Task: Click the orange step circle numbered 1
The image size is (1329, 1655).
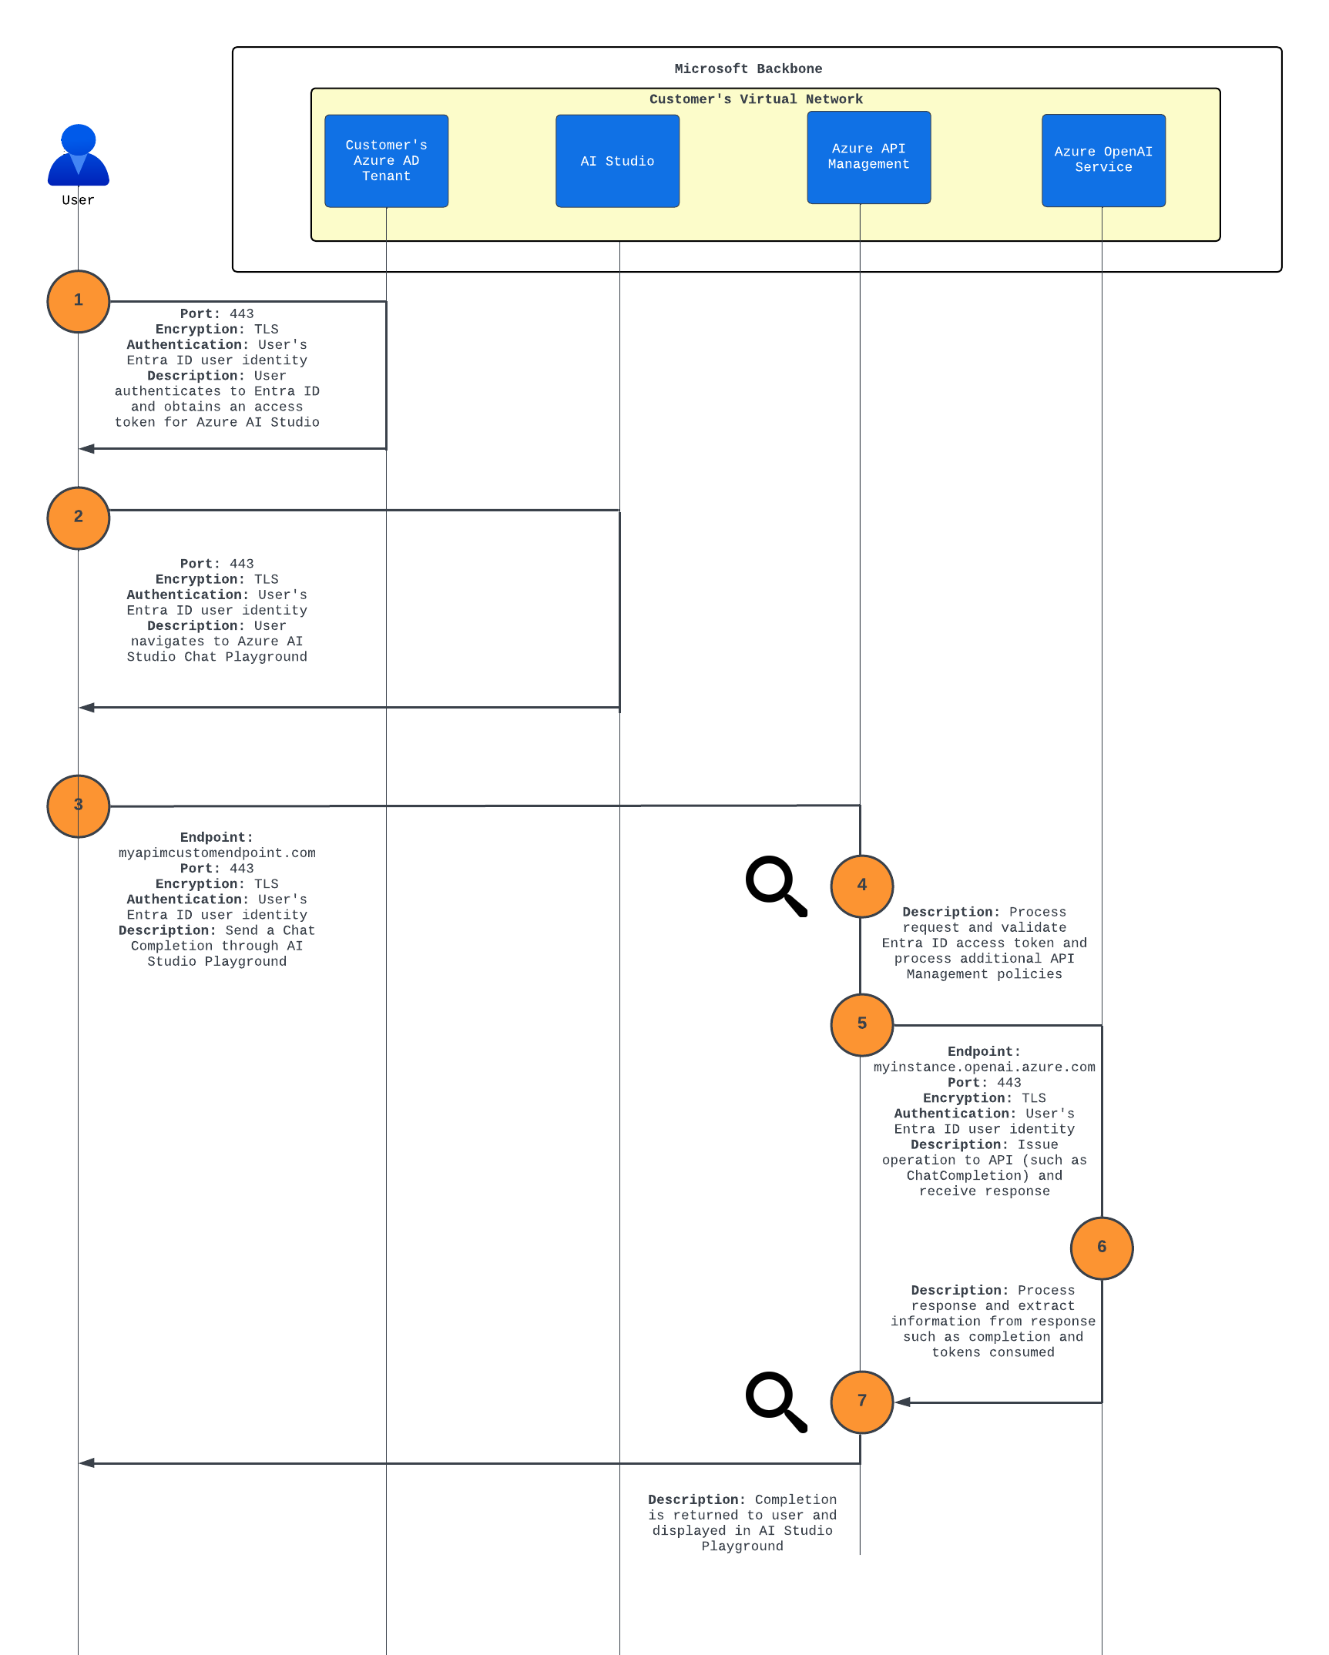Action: click(78, 301)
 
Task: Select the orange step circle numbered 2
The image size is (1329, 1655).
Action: click(78, 518)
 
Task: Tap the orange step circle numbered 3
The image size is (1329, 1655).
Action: click(78, 806)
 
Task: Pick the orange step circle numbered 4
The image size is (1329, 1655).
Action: click(861, 886)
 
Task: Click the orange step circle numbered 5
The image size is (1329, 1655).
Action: click(861, 1024)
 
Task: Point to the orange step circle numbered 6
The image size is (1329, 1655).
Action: click(1101, 1248)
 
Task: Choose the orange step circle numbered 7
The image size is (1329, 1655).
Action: click(861, 1402)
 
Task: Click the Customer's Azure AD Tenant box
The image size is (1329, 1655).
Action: click(386, 161)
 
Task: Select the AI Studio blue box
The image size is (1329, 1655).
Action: click(617, 161)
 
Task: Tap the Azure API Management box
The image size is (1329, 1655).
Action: click(868, 157)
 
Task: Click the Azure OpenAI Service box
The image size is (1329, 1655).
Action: click(1103, 160)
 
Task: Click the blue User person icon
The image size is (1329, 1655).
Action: click(78, 156)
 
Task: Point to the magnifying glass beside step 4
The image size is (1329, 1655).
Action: click(775, 885)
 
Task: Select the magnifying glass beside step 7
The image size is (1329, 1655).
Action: click(775, 1401)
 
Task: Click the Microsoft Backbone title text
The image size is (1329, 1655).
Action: click(748, 69)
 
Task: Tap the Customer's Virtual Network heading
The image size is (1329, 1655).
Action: click(756, 99)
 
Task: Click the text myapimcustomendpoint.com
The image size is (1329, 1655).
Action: click(216, 853)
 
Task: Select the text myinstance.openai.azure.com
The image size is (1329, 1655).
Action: click(984, 1067)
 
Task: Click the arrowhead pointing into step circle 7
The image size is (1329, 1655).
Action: click(902, 1402)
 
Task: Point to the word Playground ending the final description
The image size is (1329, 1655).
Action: click(742, 1546)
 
